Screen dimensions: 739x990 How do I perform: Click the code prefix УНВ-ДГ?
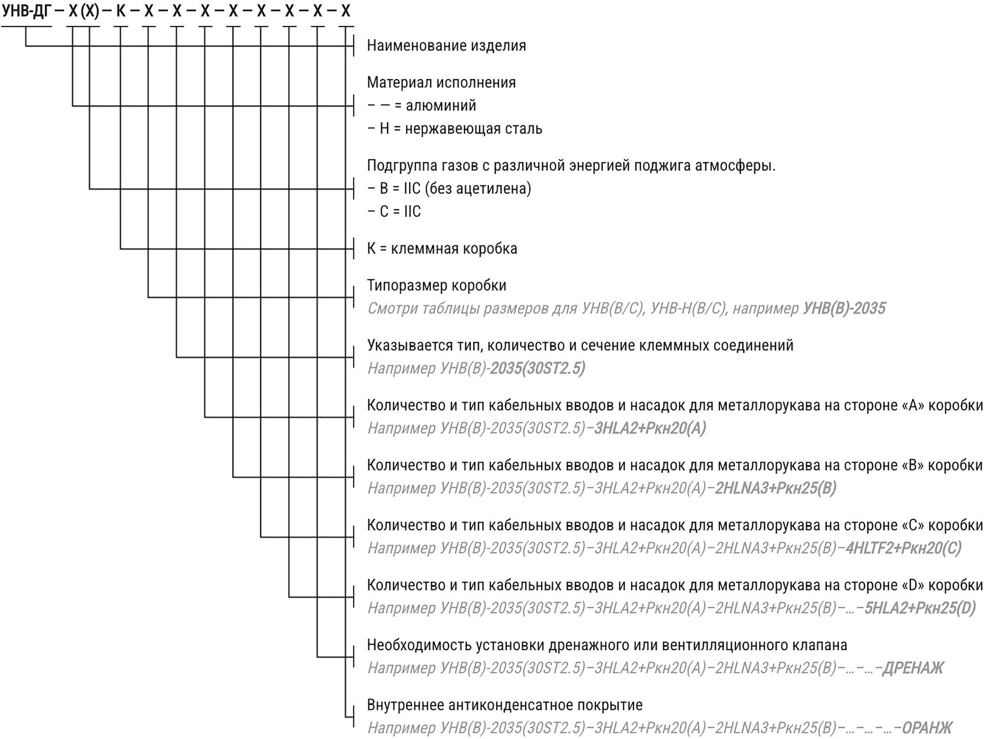(x=27, y=11)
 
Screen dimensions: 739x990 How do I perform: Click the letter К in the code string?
(x=120, y=11)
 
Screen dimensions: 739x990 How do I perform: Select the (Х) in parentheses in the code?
(x=90, y=11)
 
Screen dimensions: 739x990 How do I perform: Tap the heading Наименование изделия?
(x=446, y=46)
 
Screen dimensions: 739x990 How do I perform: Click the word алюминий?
(x=441, y=106)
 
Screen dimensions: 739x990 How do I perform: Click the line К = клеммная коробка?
(x=442, y=248)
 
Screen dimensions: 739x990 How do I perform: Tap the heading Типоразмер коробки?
(x=437, y=286)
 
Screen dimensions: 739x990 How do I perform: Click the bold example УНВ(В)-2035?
(x=844, y=309)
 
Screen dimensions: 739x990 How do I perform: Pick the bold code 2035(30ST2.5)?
(x=537, y=369)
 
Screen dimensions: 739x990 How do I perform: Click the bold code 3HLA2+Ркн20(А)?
(x=650, y=428)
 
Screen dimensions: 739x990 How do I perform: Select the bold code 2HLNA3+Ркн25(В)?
(x=775, y=488)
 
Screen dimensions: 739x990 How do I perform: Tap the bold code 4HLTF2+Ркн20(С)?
(x=903, y=548)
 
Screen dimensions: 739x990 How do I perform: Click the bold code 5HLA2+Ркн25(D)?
(x=920, y=608)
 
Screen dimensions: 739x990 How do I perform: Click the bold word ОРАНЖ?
(x=927, y=728)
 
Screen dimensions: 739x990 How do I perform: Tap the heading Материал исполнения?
(x=441, y=82)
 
